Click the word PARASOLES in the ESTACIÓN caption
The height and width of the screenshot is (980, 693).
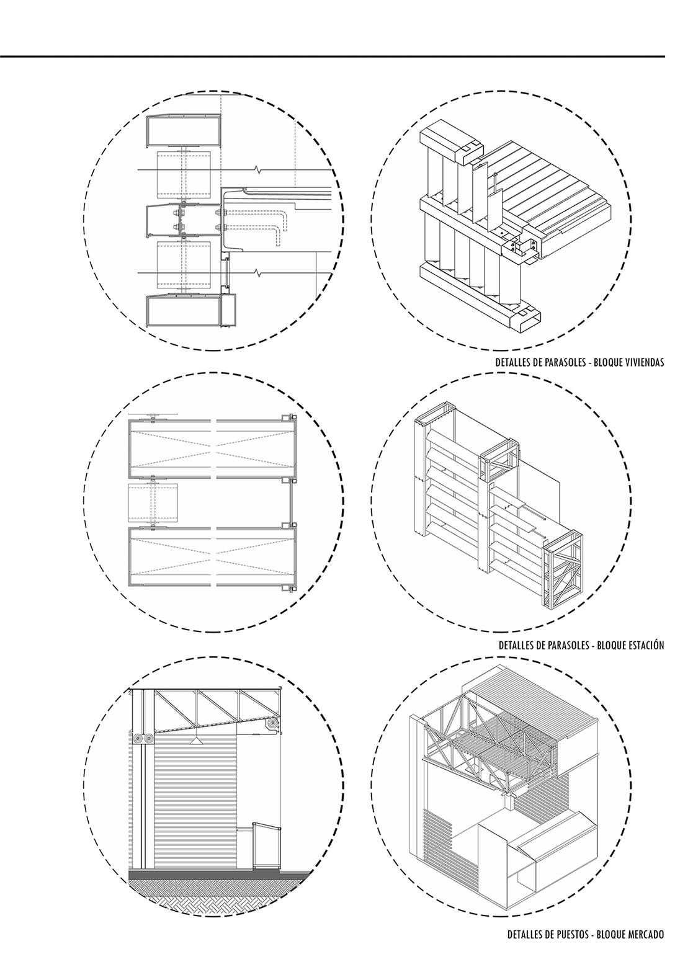(570, 645)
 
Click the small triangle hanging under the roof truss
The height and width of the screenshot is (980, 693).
(196, 741)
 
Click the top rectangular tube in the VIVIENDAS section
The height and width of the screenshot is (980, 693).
(184, 130)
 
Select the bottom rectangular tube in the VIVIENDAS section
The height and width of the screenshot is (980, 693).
(184, 311)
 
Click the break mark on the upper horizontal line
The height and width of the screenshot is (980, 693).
(256, 169)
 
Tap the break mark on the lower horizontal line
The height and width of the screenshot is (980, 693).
(256, 273)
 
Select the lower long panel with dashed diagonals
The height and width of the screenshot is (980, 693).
(212, 556)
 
